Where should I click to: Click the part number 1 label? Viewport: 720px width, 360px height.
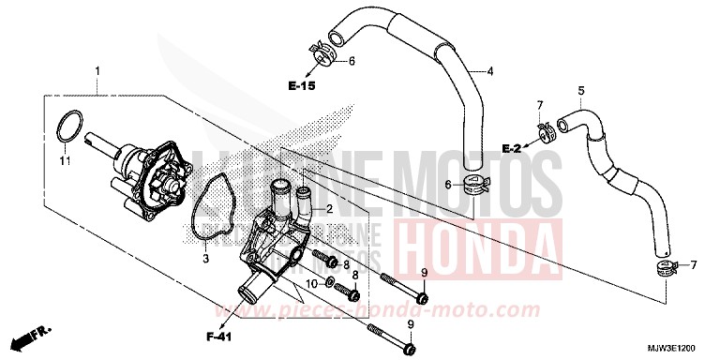click(x=97, y=70)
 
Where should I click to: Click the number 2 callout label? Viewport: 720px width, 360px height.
click(x=329, y=209)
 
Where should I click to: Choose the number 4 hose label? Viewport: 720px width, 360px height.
click(x=489, y=70)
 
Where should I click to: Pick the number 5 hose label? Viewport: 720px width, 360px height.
click(x=580, y=90)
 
